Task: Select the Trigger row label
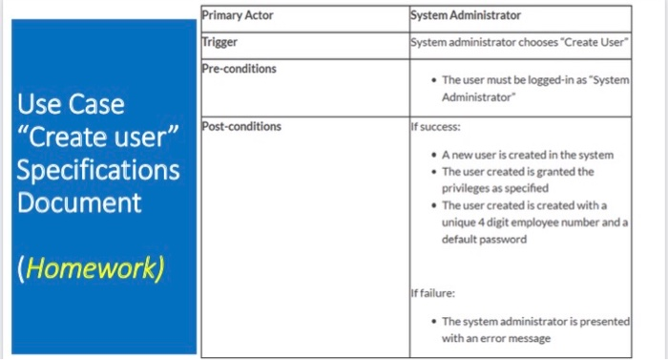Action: click(220, 42)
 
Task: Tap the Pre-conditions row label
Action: click(240, 70)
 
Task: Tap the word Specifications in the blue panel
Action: click(97, 170)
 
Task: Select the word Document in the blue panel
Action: click(79, 202)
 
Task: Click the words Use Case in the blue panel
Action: click(70, 103)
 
